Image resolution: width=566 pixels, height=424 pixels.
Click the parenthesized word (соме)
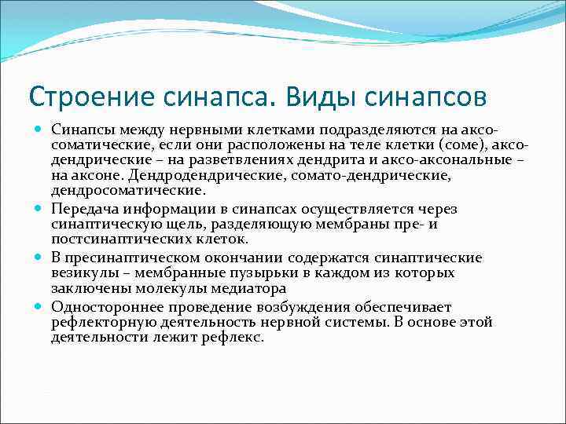coord(424,147)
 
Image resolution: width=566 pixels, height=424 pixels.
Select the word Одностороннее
coord(102,306)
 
